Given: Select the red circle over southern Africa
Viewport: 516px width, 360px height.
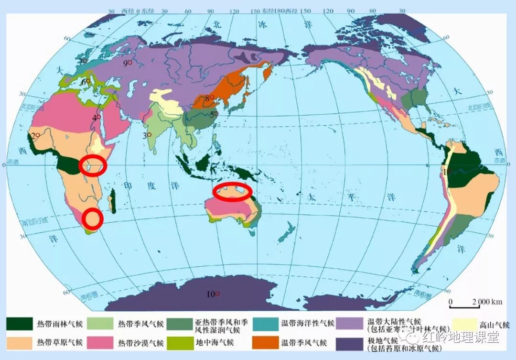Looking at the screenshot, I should pos(92,218).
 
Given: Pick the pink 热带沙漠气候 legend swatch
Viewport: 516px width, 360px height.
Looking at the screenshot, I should pos(100,343).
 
